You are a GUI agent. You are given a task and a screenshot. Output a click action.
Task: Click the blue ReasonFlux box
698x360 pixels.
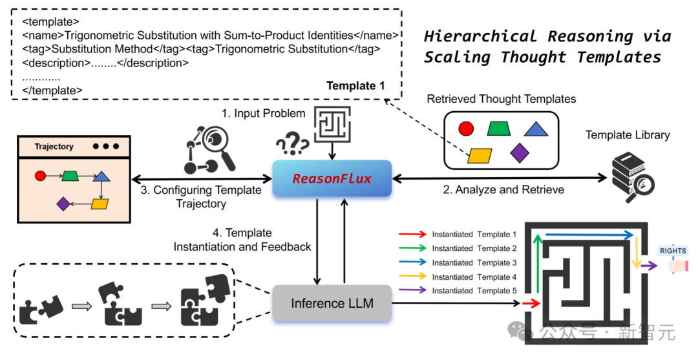[332, 178]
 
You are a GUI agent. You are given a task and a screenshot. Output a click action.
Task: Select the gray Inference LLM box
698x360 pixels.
[332, 303]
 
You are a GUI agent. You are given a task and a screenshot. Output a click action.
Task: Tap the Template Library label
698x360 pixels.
[627, 135]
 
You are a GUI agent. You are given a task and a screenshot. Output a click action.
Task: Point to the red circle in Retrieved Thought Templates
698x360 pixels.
[466, 129]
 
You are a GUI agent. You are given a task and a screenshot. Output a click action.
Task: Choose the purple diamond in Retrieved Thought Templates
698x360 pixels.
[520, 153]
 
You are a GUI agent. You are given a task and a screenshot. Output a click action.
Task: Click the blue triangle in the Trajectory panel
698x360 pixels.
[101, 175]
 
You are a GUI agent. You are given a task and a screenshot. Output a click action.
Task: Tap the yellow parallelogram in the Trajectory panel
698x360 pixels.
[100, 204]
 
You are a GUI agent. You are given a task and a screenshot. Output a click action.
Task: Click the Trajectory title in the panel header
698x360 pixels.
[54, 147]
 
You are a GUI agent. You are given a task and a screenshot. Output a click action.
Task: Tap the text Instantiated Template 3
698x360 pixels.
[474, 262]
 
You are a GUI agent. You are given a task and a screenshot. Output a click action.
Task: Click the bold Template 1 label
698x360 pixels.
[355, 86]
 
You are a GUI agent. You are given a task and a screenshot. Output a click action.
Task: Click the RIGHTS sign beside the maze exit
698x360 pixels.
[673, 251]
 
